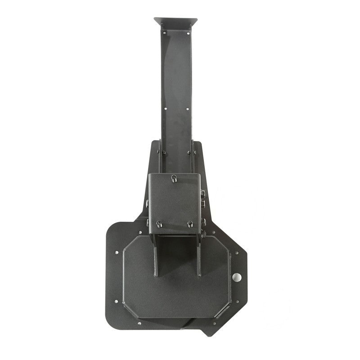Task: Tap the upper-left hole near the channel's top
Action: click(164, 32)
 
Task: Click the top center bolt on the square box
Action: click(174, 180)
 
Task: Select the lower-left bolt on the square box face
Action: click(159, 224)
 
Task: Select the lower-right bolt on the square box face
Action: click(190, 224)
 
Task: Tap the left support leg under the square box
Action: click(156, 256)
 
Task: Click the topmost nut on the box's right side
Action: click(203, 193)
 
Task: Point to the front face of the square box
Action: click(175, 202)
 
